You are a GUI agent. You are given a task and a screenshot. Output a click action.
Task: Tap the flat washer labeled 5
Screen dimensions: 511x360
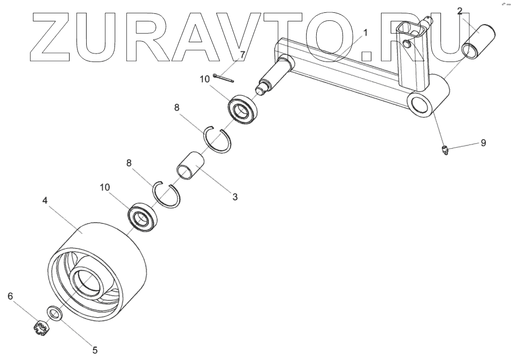point(54,312)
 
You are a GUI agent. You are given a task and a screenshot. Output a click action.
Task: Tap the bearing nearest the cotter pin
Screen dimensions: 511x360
point(243,110)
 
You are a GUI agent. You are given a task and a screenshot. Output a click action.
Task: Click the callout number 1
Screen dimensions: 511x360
point(365,33)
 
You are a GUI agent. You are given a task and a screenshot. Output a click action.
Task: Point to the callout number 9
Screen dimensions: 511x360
point(483,143)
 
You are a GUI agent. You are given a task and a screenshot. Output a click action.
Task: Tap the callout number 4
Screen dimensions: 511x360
point(45,200)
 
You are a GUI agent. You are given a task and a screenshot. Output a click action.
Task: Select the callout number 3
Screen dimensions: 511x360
point(234,197)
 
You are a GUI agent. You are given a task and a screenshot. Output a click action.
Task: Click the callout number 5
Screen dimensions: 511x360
point(95,350)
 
